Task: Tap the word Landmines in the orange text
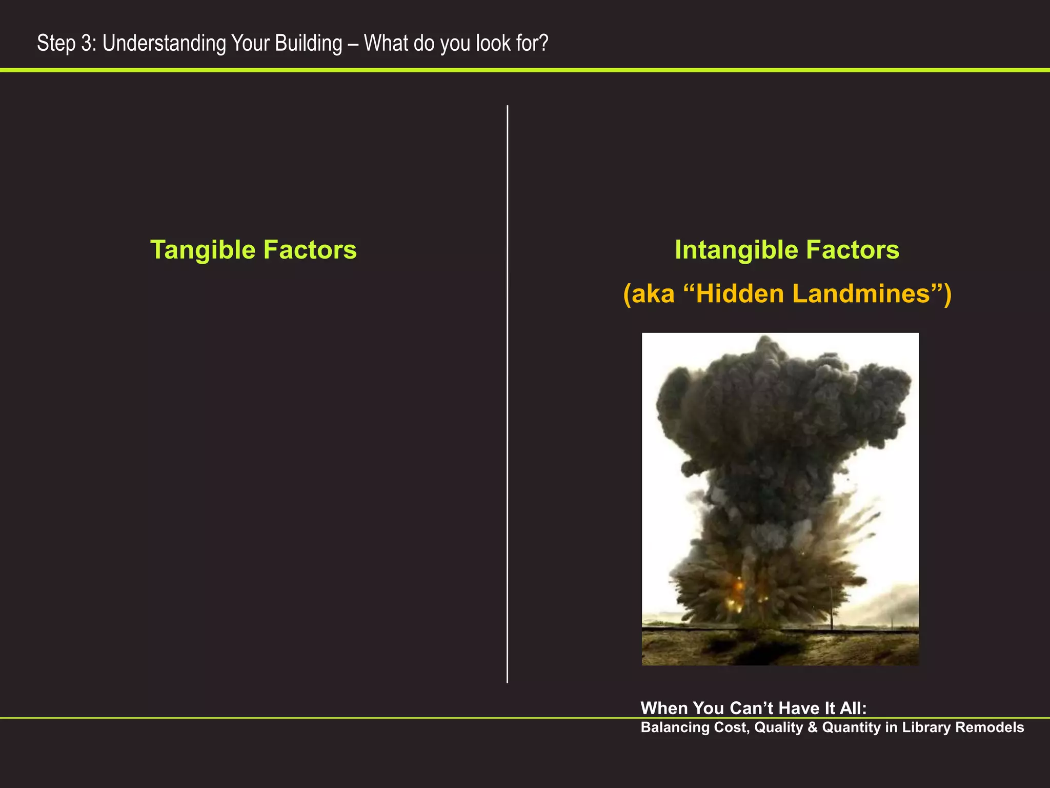(861, 294)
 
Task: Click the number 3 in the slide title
(87, 43)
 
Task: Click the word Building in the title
(308, 43)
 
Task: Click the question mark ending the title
(543, 43)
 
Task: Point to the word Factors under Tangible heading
(310, 250)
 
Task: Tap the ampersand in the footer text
(812, 727)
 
